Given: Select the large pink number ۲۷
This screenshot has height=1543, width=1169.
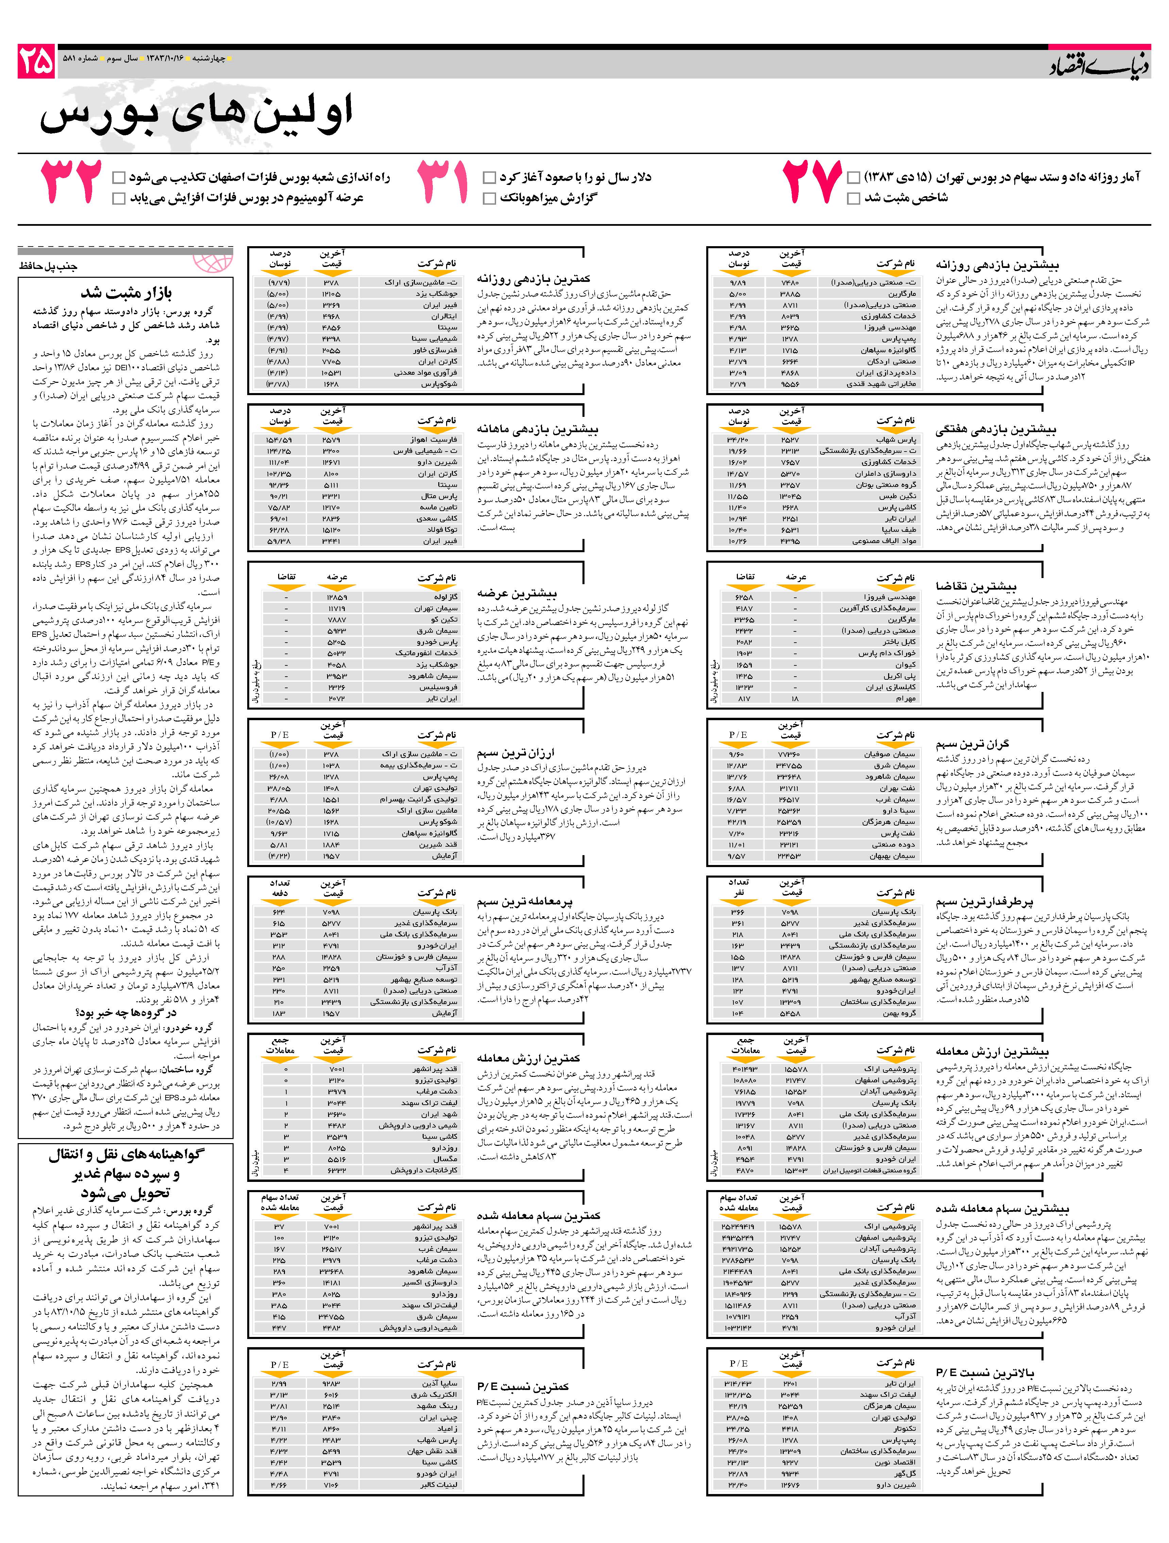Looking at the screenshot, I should click(811, 181).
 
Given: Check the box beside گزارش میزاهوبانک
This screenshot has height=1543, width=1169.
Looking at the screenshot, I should click(490, 199).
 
